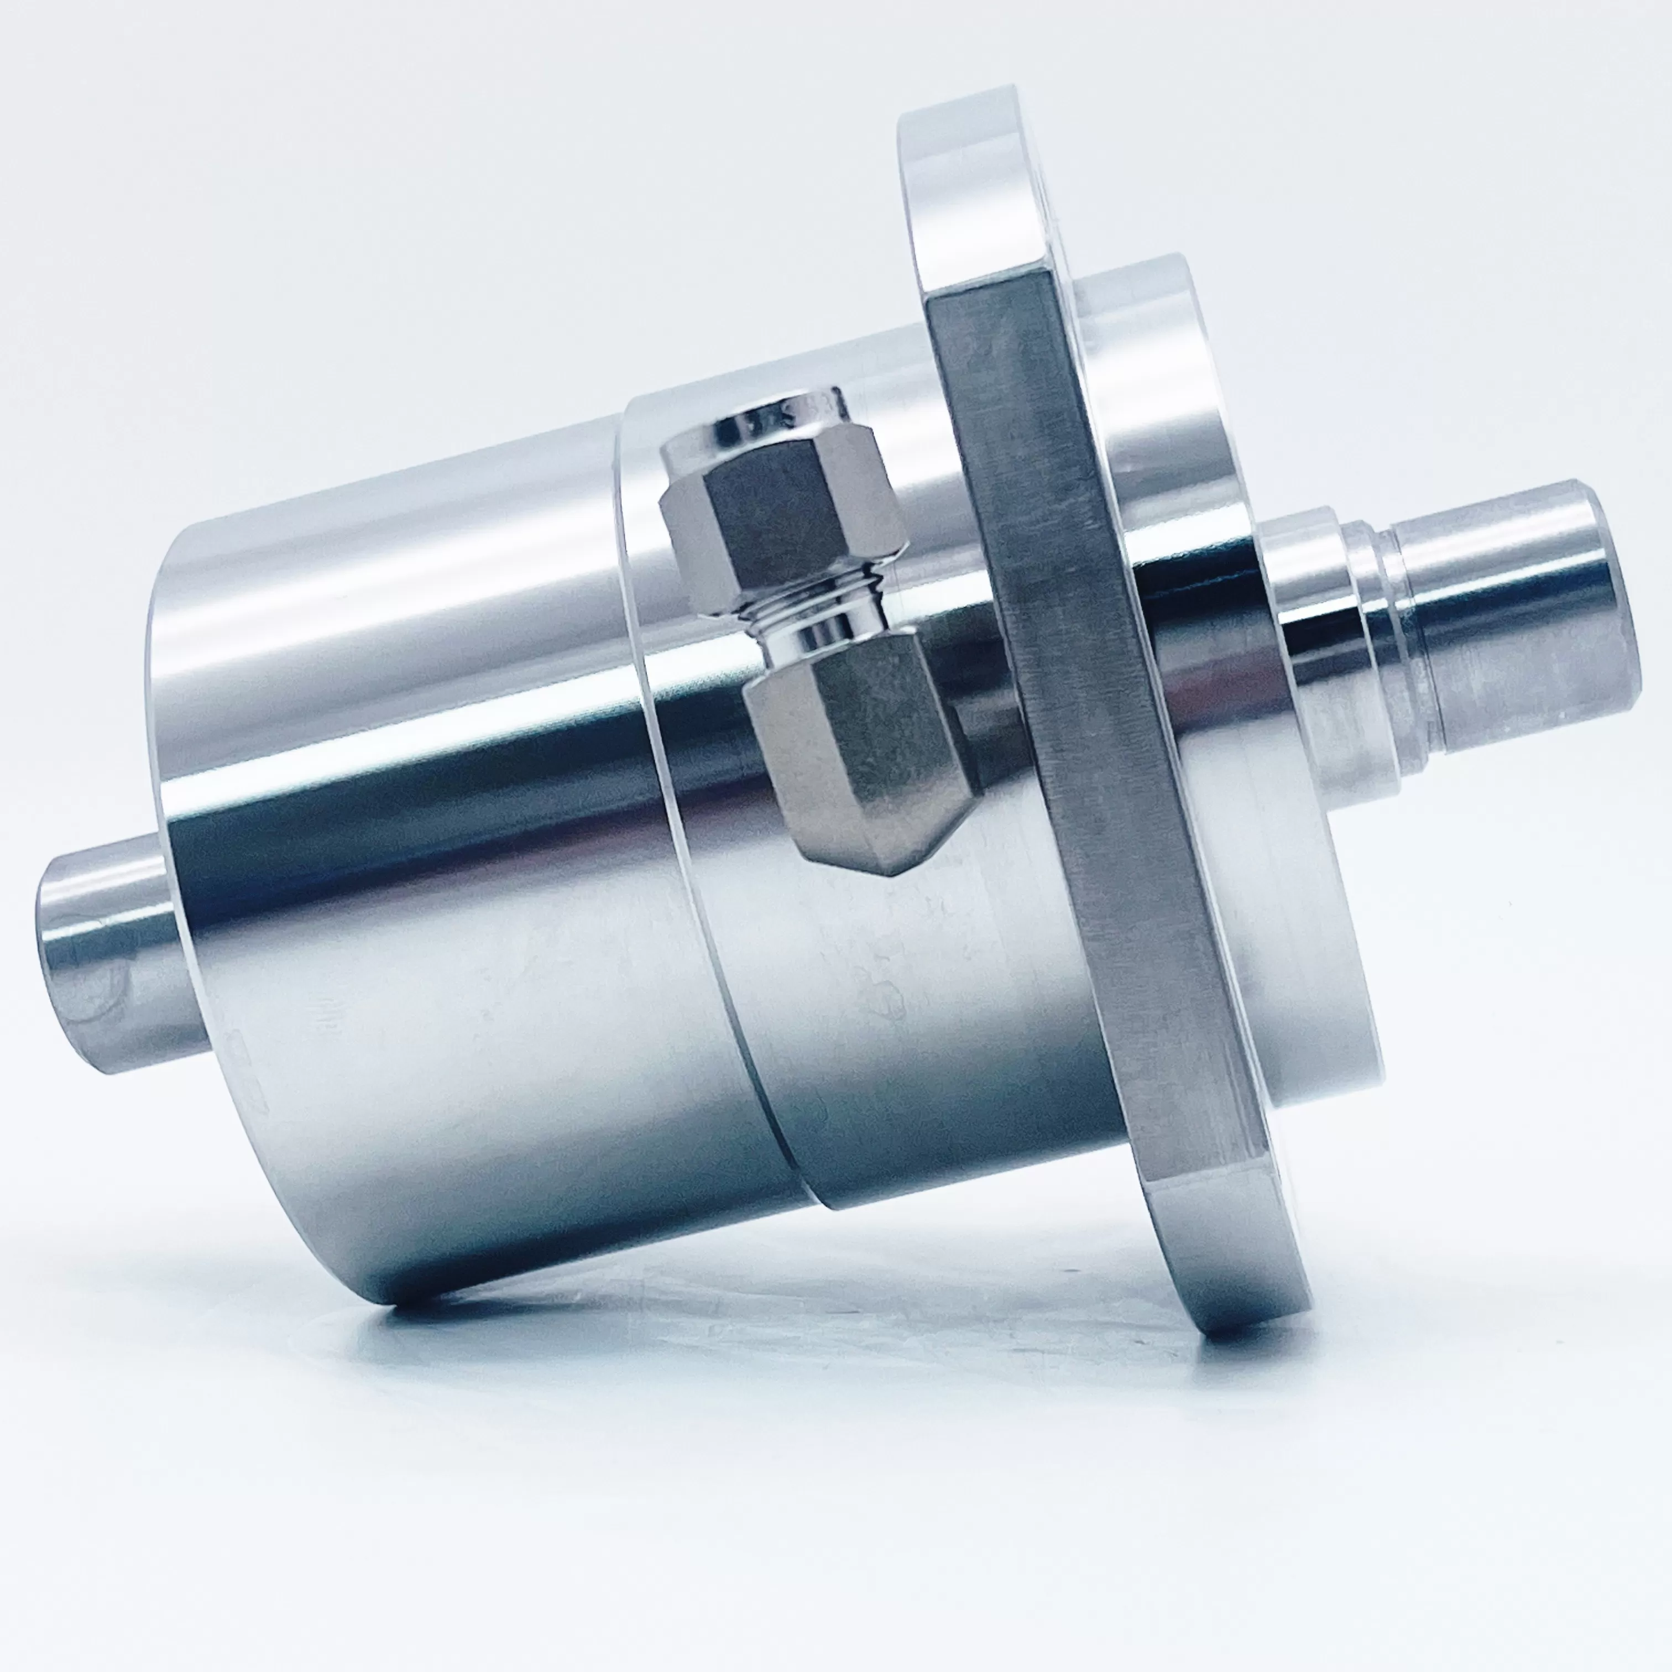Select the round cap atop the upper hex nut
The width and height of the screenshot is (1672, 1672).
766,424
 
